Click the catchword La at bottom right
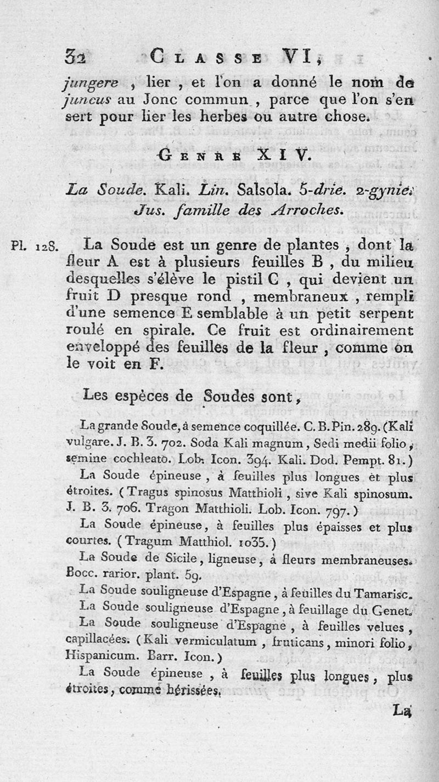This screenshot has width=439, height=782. click(x=403, y=711)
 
